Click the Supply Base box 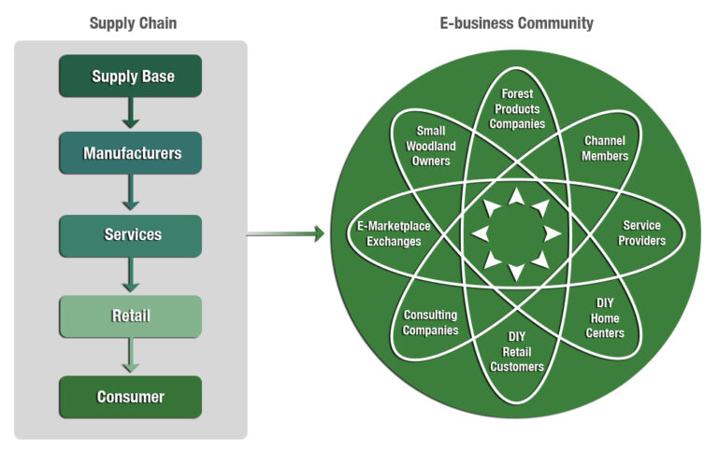pyautogui.click(x=131, y=77)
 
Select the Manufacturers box pyautogui.click(x=131, y=153)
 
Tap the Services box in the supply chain pyautogui.click(x=131, y=235)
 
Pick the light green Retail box pyautogui.click(x=131, y=316)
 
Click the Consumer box pyautogui.click(x=131, y=397)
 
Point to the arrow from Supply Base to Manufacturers pyautogui.click(x=131, y=114)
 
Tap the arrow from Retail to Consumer pyautogui.click(x=131, y=356)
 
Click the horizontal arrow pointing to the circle pyautogui.click(x=285, y=234)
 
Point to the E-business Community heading pyautogui.click(x=516, y=23)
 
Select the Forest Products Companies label pyautogui.click(x=516, y=109)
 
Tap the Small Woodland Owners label pyautogui.click(x=431, y=146)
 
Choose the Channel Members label pyautogui.click(x=605, y=148)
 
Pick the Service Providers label pyautogui.click(x=642, y=233)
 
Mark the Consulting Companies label pyautogui.click(x=431, y=323)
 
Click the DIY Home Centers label pyautogui.click(x=605, y=318)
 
